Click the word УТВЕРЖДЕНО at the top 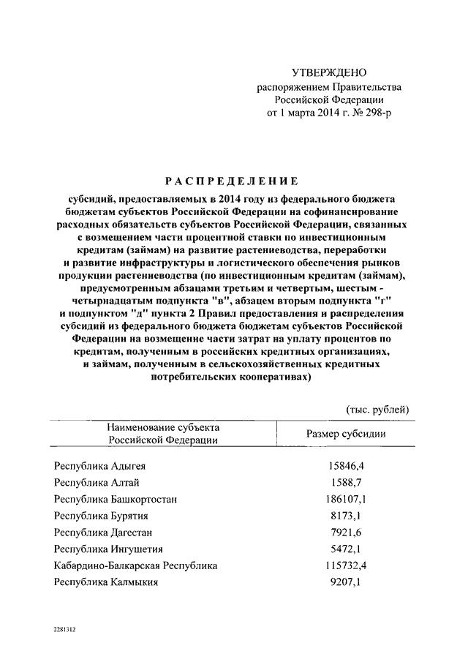[x=329, y=72]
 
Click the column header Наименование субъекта [x=163, y=426]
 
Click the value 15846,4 [x=346, y=465]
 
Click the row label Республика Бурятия [x=100, y=516]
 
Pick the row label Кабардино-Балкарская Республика [x=135, y=565]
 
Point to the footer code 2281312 [x=64, y=629]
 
